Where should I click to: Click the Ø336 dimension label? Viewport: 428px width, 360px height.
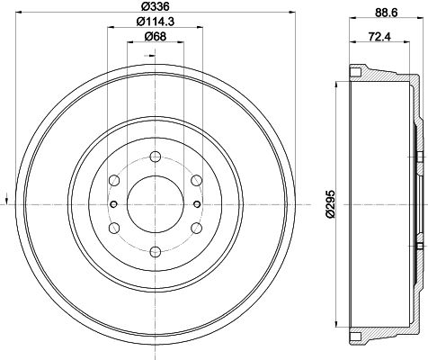tap(155, 5)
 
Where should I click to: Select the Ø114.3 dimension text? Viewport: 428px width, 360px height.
tap(156, 22)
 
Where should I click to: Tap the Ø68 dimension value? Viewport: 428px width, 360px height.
tap(156, 37)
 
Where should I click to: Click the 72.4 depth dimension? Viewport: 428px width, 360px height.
tap(379, 37)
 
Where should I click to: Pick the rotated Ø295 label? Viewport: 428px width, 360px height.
tap(330, 204)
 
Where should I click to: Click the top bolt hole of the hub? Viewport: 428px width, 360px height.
tap(156, 157)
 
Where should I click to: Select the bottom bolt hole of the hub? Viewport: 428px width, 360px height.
tap(156, 252)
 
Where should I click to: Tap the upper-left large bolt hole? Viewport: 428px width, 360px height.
tap(114, 180)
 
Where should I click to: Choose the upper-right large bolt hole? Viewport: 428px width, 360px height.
tap(197, 180)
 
